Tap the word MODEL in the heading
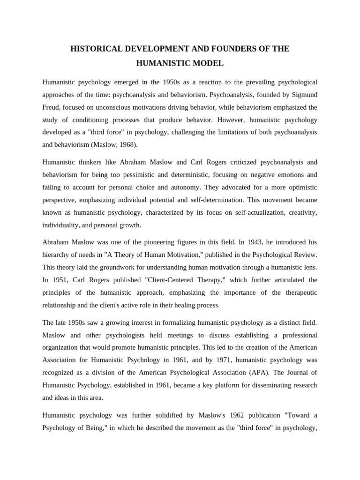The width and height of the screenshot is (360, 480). click(207, 63)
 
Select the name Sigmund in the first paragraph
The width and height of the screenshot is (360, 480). click(305, 94)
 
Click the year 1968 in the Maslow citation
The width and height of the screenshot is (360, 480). click(127, 145)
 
